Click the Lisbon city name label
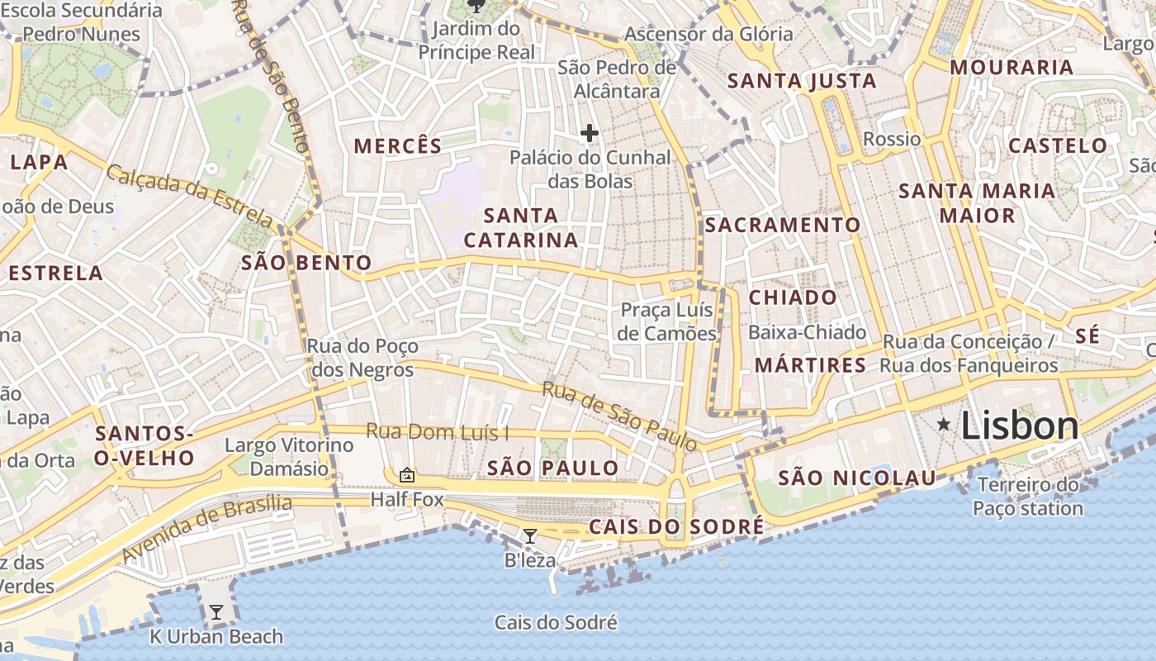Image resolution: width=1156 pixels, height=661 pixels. [x=1020, y=426]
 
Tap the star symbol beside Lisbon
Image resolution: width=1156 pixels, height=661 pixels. [x=944, y=425]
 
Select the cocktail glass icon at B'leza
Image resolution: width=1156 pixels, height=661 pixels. [x=530, y=536]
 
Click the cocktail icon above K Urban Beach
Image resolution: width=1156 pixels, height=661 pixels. [x=216, y=612]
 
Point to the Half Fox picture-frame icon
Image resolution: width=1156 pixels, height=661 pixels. [x=406, y=475]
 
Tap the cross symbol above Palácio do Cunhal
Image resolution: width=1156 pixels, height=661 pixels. [x=590, y=133]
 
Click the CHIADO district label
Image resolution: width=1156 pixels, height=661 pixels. [x=793, y=297]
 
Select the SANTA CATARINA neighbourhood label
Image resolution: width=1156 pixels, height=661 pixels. [x=521, y=228]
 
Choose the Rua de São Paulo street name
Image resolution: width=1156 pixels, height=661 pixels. [x=619, y=416]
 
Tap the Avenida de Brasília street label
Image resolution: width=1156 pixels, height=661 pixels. [x=206, y=529]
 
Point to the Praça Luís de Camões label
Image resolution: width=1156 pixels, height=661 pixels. [x=667, y=322]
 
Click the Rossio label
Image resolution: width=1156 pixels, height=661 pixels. [x=892, y=139]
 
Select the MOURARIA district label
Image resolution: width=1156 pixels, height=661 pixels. [x=1011, y=68]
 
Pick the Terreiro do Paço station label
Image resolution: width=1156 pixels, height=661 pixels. [x=1028, y=497]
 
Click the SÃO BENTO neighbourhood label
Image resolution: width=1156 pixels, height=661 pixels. [x=306, y=264]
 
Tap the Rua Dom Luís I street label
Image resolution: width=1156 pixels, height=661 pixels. [x=438, y=432]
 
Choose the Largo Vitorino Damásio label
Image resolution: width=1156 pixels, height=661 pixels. [x=289, y=457]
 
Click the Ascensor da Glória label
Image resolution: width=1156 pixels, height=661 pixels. [x=708, y=35]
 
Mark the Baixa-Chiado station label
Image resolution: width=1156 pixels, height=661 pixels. [x=807, y=333]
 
